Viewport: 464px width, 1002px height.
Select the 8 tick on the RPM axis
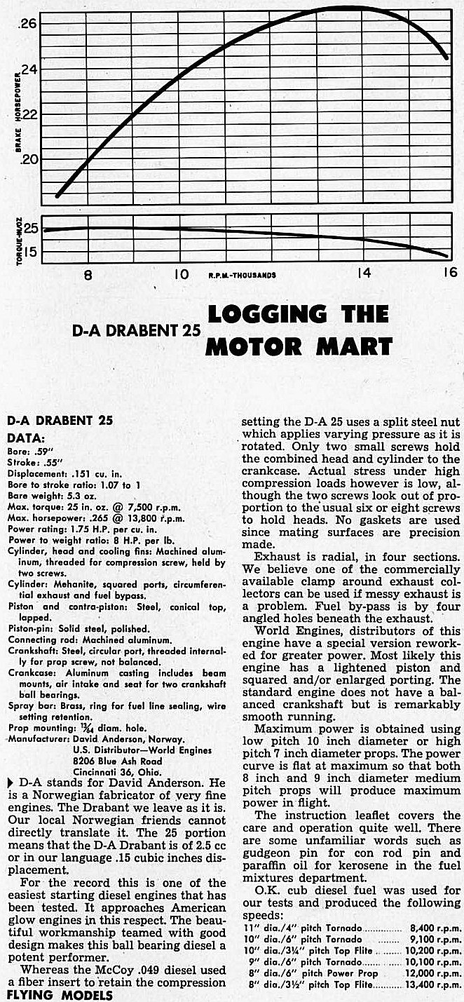tap(88, 274)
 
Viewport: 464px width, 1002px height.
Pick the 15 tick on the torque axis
tap(32, 251)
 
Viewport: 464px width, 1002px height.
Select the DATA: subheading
tap(25, 436)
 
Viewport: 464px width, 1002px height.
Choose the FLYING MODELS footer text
tap(47, 994)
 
